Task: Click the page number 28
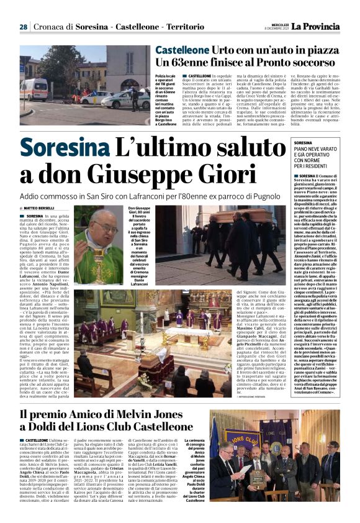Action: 23,27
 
